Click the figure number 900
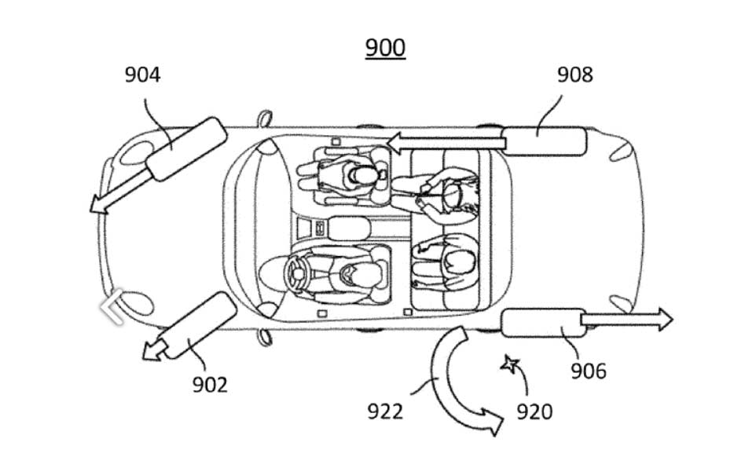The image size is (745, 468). (x=385, y=47)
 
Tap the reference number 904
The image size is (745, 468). (x=142, y=75)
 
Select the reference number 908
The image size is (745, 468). (x=575, y=75)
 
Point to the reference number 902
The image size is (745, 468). (x=210, y=385)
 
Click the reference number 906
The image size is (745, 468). (x=588, y=371)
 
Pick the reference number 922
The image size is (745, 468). (x=385, y=411)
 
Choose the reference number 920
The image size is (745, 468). (x=534, y=411)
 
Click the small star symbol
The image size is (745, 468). (x=510, y=364)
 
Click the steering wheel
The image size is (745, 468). (x=298, y=274)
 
